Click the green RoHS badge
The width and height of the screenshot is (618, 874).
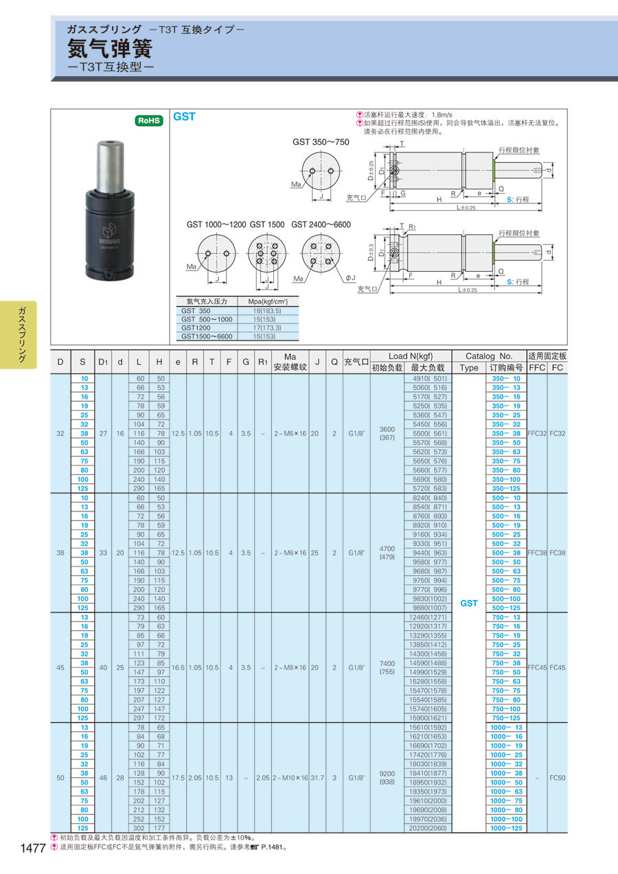149,120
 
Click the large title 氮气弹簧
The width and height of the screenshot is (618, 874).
109,49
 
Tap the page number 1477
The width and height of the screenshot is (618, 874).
32,849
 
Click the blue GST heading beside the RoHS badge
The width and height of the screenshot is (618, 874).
184,117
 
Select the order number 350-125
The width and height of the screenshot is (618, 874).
505,488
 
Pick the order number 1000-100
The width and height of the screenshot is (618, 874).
505,819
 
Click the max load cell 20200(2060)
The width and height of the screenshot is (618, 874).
428,828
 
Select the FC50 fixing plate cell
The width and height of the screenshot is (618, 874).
557,778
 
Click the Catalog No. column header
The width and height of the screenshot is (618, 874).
489,356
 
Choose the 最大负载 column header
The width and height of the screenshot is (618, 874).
428,368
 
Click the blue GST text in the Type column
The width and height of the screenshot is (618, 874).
469,603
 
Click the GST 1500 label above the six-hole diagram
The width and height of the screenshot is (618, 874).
266,225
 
